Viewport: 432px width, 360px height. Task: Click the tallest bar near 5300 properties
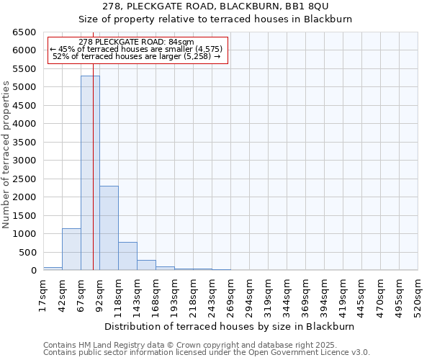(90, 173)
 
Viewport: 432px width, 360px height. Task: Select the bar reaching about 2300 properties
(109, 228)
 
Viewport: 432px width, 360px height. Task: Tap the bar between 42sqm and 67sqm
(71, 249)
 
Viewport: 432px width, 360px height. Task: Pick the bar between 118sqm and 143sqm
(127, 256)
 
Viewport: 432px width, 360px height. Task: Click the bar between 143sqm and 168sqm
(146, 265)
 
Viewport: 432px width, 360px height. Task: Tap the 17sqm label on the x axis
(43, 295)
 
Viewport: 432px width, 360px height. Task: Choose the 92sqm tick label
(99, 295)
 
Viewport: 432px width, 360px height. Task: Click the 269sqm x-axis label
(230, 295)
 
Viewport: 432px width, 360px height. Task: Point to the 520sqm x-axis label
(418, 295)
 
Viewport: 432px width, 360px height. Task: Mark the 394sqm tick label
(324, 295)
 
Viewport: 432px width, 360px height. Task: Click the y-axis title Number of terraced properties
(6, 155)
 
